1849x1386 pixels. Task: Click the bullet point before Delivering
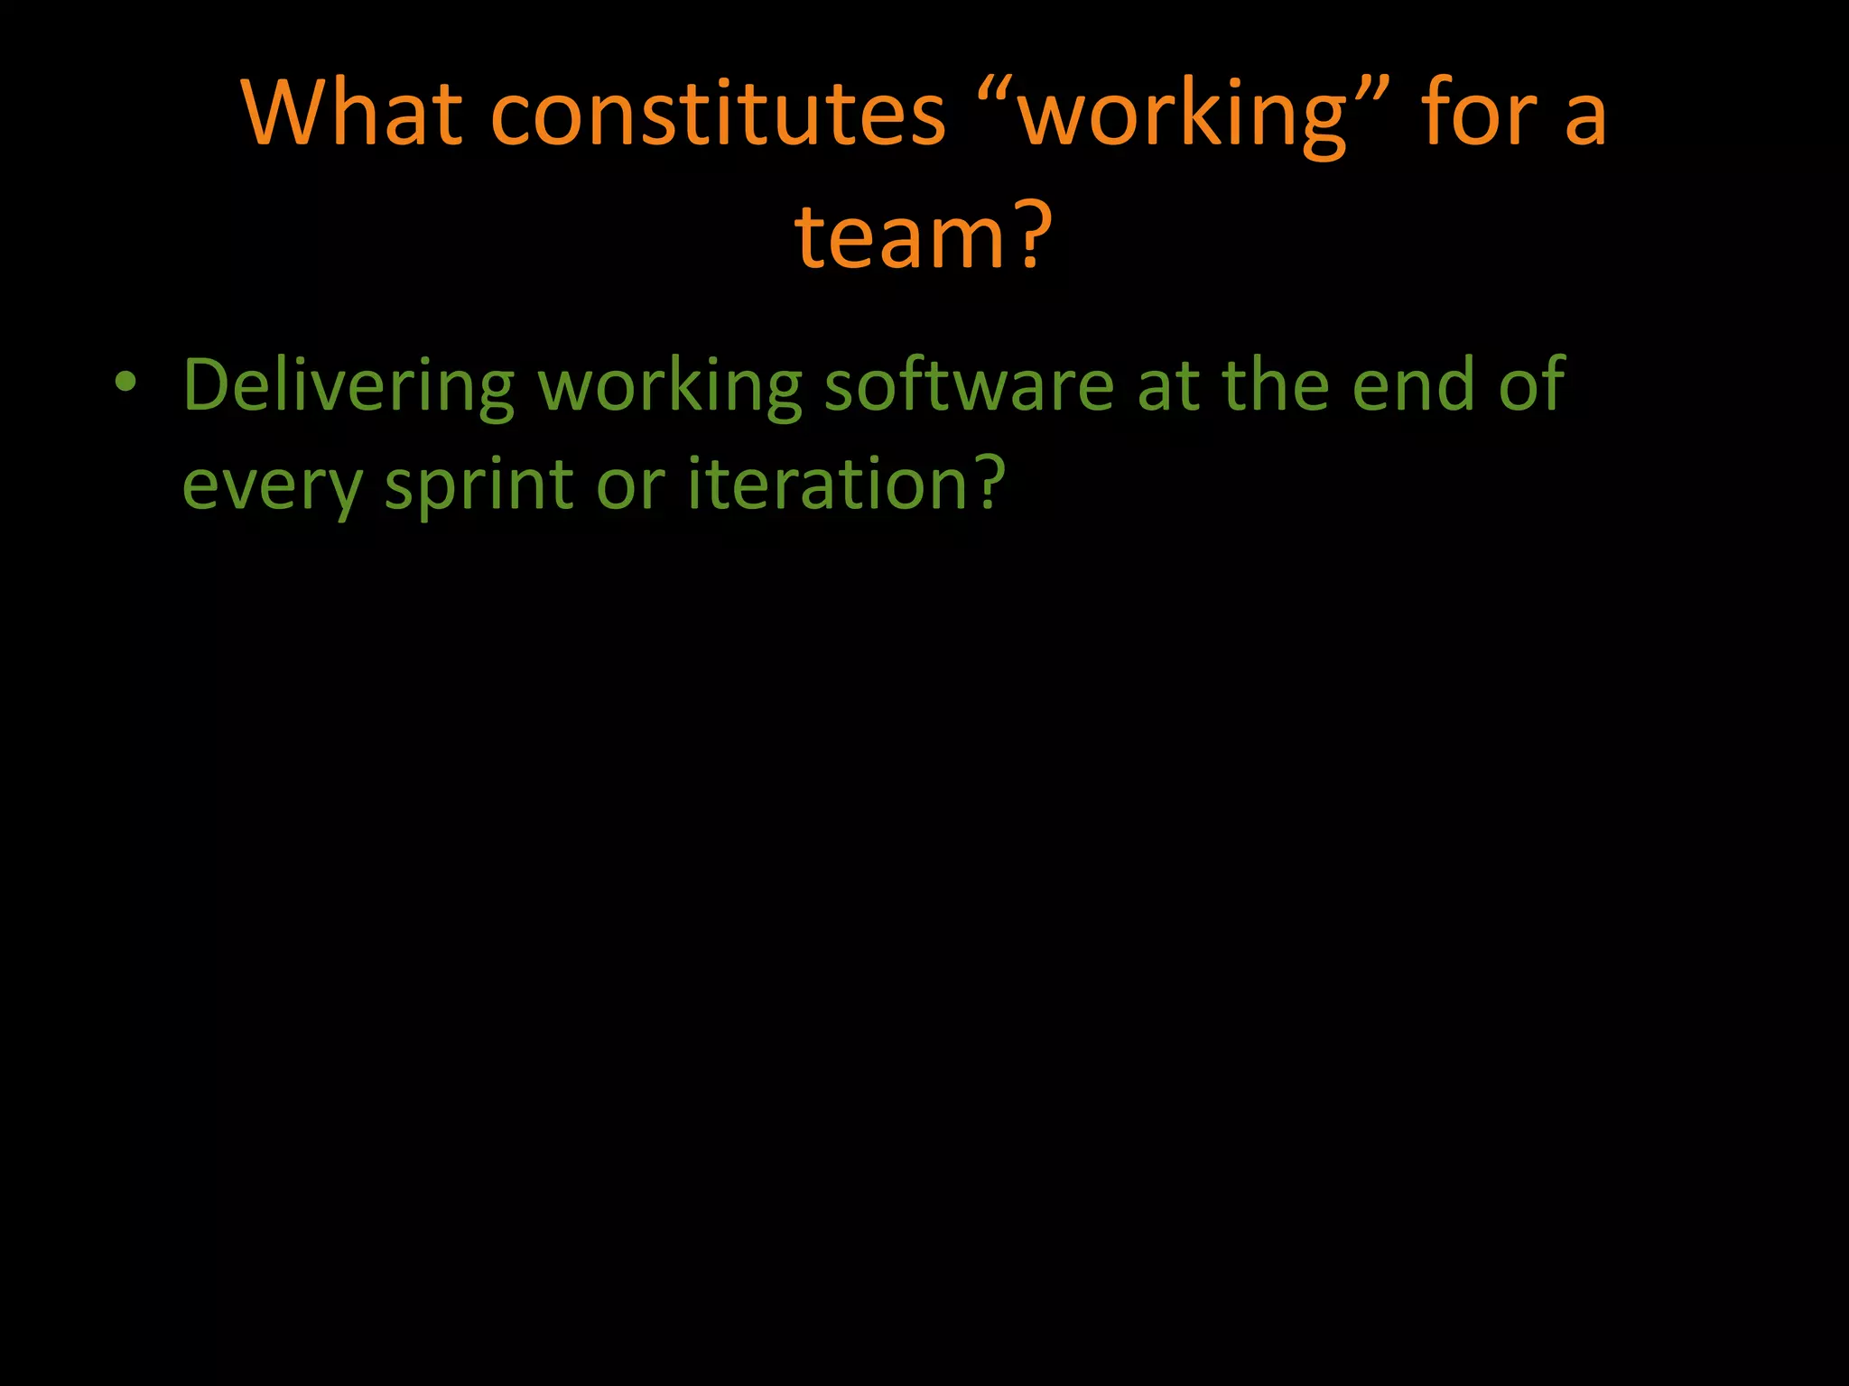(x=125, y=383)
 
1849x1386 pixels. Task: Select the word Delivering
(x=348, y=386)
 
